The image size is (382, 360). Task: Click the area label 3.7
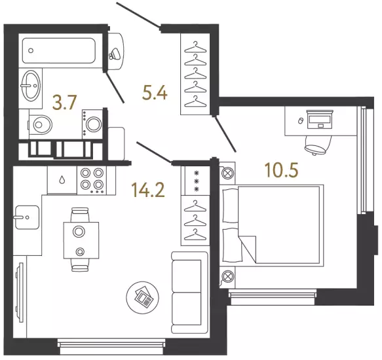65,103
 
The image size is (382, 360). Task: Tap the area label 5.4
155,93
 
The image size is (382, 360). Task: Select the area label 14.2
148,190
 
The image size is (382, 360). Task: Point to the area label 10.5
282,170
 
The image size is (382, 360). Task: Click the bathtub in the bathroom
58,50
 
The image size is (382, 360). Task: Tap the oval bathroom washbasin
31,84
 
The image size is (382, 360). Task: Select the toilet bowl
41,124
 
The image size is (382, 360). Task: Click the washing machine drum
94,124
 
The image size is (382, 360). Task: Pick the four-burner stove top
92,180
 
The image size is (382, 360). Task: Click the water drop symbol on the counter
62,180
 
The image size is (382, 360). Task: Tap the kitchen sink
27,217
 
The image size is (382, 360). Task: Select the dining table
81,240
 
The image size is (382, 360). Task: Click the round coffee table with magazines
143,297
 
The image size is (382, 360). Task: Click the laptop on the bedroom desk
320,119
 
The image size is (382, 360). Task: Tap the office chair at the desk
318,145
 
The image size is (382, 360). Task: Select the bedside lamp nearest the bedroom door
228,173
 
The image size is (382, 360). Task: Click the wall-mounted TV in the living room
19,292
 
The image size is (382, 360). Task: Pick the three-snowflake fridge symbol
196,181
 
